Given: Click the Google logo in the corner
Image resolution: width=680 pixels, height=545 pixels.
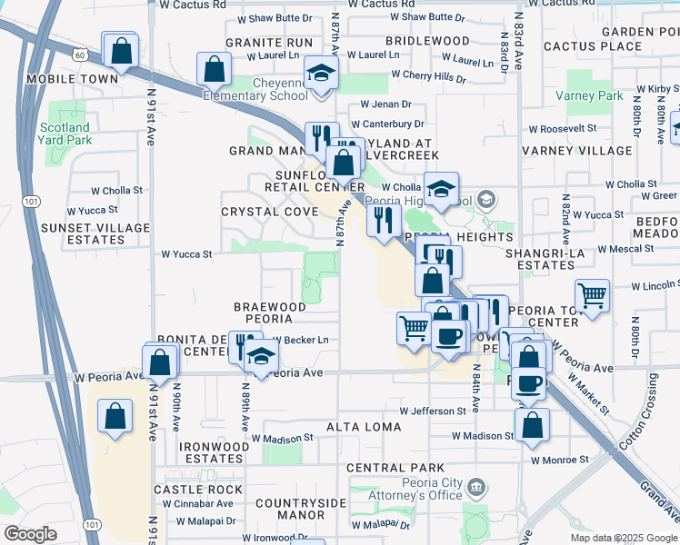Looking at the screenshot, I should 30,534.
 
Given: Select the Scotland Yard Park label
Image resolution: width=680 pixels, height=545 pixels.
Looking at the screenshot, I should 65,134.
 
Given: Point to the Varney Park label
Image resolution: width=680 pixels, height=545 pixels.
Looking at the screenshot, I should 595,95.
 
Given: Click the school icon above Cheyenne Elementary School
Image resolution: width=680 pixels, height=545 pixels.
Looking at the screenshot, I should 321,73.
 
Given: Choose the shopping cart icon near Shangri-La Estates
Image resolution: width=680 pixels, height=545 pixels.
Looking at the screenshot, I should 592,295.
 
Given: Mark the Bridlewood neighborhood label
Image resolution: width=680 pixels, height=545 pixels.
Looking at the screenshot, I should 426,42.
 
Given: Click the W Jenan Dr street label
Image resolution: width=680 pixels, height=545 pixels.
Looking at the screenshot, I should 386,104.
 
